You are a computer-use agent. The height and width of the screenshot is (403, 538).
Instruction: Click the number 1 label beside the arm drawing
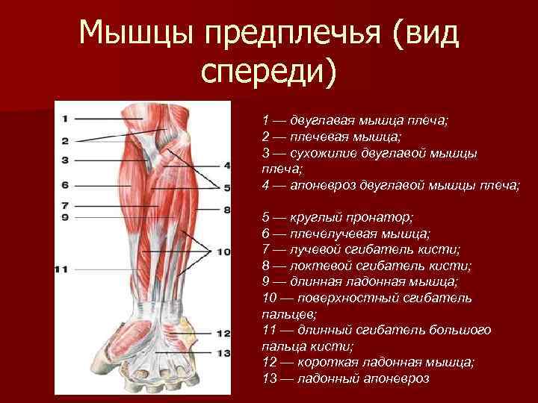[65, 118]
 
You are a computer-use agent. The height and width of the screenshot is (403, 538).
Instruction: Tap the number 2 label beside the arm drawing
[65, 140]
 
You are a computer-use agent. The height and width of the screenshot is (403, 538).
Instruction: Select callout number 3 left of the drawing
[65, 160]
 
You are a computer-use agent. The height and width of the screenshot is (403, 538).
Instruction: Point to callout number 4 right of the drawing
[227, 165]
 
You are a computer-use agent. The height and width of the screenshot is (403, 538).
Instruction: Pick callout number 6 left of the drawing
[65, 184]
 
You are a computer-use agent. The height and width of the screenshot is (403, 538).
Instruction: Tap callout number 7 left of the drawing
[65, 204]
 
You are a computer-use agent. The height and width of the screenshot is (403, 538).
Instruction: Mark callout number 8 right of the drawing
[227, 210]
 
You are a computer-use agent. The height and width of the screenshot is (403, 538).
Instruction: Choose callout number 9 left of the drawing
[65, 216]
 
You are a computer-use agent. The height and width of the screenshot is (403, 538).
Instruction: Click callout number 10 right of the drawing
[223, 252]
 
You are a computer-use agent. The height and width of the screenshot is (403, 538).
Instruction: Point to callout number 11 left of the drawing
[62, 269]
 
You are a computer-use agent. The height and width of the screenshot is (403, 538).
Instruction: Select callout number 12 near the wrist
[223, 334]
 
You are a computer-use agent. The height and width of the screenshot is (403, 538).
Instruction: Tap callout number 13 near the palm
[223, 353]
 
